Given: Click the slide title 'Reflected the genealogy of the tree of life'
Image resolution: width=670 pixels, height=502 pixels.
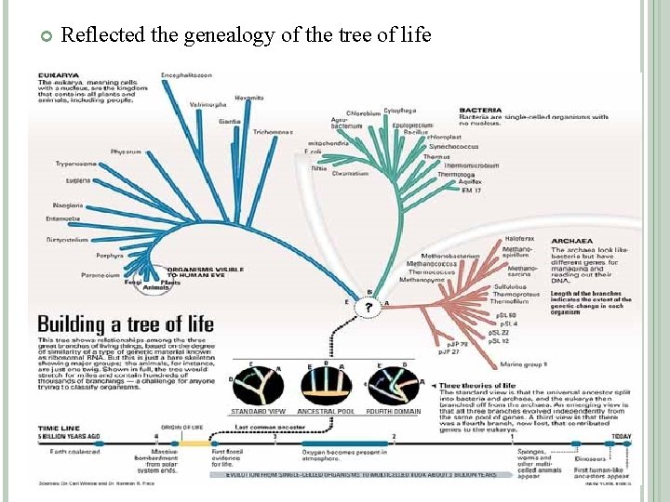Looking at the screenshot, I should coord(246,35).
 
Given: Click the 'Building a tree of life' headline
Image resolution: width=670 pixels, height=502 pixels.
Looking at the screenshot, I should coord(126,324).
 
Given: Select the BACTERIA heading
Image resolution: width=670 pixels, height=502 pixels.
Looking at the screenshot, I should coord(481,111).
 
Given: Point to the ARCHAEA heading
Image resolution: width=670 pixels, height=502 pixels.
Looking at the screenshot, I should coord(571,240).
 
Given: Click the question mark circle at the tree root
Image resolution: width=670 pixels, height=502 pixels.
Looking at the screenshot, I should coord(369,308).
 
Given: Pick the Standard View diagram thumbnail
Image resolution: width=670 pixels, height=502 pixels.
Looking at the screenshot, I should coord(257,385).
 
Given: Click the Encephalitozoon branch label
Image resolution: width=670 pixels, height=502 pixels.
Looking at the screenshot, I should coord(186,74).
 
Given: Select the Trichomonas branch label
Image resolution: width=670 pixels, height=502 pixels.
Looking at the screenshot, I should coord(273,132).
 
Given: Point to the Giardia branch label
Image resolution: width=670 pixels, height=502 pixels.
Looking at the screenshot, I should coord(229,121).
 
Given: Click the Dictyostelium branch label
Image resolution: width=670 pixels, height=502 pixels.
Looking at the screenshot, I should coord(67,239).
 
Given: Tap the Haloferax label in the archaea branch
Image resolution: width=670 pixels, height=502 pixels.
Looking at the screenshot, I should coord(519,239).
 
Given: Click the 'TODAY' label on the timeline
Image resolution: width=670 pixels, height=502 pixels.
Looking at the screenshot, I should coord(620,435).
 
